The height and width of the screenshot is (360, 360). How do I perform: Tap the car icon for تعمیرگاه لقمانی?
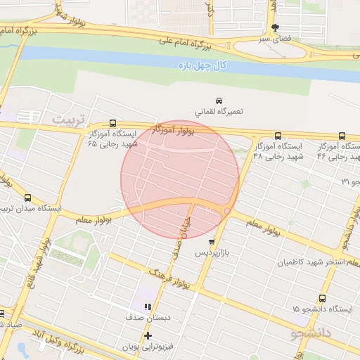click(x=219, y=100)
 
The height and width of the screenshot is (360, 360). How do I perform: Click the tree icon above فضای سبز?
click(x=275, y=27)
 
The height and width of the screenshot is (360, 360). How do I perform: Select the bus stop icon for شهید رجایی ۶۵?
click(x=113, y=123)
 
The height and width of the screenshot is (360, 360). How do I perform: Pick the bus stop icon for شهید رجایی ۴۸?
click(x=278, y=136)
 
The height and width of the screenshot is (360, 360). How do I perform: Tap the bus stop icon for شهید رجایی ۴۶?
click(x=342, y=136)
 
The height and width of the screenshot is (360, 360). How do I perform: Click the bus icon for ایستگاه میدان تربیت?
click(x=27, y=198)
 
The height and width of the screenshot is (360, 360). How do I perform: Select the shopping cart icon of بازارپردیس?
click(x=211, y=241)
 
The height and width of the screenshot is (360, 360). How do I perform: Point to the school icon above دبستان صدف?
click(x=148, y=307)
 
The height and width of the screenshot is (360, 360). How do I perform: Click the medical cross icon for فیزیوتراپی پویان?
click(x=147, y=335)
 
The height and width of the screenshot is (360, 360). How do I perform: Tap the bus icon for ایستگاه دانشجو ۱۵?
click(x=322, y=298)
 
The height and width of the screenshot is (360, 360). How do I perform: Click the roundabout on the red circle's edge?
click(x=227, y=211)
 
